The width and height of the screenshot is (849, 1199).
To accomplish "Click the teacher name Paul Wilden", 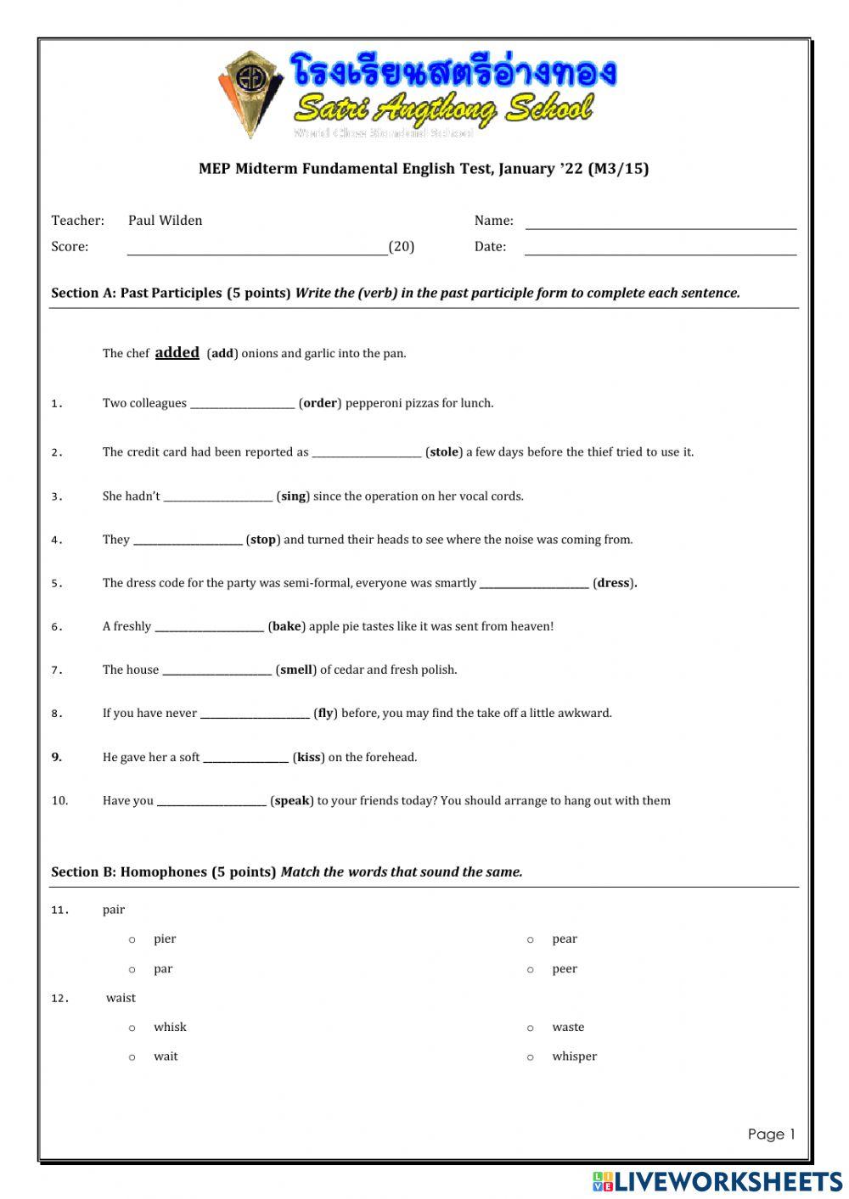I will point(165,221).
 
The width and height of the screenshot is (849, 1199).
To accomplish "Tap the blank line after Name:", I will point(661,224).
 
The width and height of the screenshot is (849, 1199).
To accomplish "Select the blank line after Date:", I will point(661,249).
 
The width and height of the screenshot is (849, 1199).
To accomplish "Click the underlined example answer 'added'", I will point(177,352).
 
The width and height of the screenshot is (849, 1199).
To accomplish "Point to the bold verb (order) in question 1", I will point(320,403).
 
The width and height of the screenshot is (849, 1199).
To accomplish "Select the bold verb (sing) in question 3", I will point(293,496).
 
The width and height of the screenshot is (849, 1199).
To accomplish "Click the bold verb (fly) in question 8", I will point(325,714).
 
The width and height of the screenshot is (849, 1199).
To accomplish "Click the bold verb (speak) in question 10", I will point(292,801).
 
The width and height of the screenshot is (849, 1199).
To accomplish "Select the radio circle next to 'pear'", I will point(531,939).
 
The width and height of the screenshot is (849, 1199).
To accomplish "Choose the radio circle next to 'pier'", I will point(132,939).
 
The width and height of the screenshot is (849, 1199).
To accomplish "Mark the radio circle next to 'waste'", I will point(531,1028).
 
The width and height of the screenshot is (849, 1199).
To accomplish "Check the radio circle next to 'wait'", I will point(132,1057).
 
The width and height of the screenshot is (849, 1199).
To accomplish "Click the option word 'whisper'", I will point(574,1056).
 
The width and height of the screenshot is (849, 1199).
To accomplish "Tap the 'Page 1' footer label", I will point(771,1135).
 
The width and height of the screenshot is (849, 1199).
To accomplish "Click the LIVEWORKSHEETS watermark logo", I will point(717,1181).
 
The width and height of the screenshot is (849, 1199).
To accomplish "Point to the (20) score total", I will point(402,247).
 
